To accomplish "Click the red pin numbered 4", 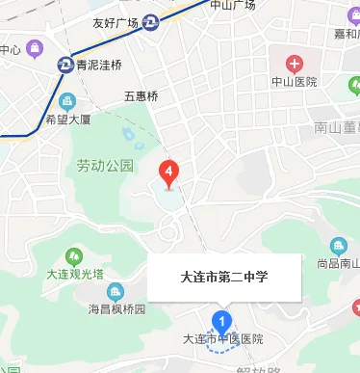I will (x=169, y=173).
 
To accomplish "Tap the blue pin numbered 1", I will (x=223, y=320).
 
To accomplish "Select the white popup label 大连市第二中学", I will (x=224, y=278).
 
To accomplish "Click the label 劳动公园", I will (x=105, y=166).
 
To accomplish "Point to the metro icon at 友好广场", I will (x=151, y=23).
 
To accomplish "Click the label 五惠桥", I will (x=141, y=96).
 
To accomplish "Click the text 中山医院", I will (x=295, y=83).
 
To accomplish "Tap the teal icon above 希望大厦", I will (x=67, y=100).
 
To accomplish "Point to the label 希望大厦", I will (x=67, y=120).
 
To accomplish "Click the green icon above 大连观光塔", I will (x=65, y=254).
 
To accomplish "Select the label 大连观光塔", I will (x=65, y=275).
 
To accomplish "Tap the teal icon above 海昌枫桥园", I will (x=116, y=291).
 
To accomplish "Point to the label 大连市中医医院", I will (x=222, y=339).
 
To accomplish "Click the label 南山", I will (x=328, y=127).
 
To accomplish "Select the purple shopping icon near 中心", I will (x=35, y=48).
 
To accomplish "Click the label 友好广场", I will (x=116, y=23).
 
